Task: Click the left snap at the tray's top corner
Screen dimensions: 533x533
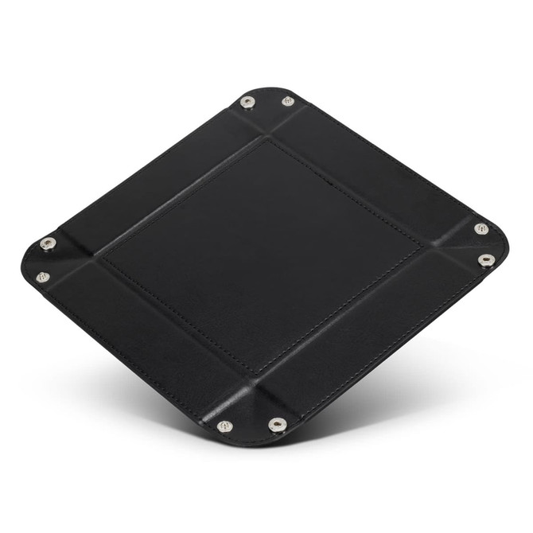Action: [247, 102]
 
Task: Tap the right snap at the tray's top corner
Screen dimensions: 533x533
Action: [288, 101]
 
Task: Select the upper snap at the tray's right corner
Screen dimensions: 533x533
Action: [481, 228]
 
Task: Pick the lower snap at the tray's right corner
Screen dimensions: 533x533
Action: [486, 260]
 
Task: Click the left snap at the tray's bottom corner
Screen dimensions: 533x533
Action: [225, 426]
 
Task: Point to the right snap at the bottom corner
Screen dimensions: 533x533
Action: [278, 425]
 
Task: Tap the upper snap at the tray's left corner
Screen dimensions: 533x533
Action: [48, 243]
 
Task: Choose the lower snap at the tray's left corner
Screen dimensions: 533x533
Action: [43, 277]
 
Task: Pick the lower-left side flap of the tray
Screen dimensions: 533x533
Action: [143, 342]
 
